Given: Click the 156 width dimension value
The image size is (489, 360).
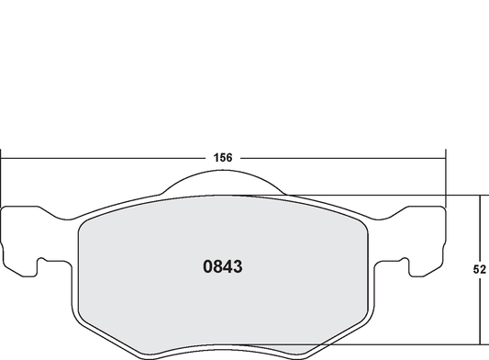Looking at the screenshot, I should (x=223, y=157).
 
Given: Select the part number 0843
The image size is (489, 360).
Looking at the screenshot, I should (x=221, y=267).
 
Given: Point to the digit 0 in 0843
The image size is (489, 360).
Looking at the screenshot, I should (x=206, y=267).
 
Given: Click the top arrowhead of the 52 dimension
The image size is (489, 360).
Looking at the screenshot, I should (x=480, y=197).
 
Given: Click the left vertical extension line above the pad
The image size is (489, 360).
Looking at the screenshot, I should (x=1, y=179).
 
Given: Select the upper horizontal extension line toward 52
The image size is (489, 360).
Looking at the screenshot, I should (x=385, y=194).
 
